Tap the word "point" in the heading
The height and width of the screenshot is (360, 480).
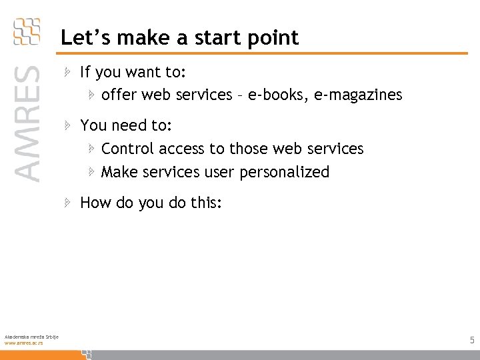pyautogui.click(x=275, y=39)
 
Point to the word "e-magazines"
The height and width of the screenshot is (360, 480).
pyautogui.click(x=361, y=95)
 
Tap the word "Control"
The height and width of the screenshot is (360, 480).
pyautogui.click(x=129, y=148)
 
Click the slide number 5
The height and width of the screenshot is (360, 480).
pyautogui.click(x=472, y=341)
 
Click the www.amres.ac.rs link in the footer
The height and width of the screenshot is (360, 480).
pyautogui.click(x=23, y=342)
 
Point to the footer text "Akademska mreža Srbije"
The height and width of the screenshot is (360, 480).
pyautogui.click(x=31, y=336)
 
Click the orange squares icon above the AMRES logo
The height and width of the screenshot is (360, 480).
pyautogui.click(x=27, y=31)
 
